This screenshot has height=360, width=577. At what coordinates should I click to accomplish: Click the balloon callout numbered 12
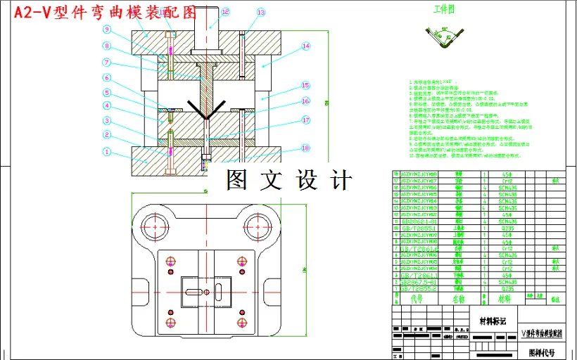click(x=225, y=12)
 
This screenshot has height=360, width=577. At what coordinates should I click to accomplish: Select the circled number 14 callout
click(x=305, y=46)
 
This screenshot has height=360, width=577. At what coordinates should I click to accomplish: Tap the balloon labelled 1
click(x=107, y=151)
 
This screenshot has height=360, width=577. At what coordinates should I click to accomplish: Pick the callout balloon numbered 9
click(x=107, y=30)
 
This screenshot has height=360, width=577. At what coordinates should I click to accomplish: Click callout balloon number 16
click(x=305, y=101)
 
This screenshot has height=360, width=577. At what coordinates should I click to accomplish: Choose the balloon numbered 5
click(x=107, y=93)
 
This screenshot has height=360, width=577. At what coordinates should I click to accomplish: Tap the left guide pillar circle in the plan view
click(x=156, y=225)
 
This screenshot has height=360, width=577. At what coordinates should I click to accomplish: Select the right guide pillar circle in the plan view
click(x=258, y=225)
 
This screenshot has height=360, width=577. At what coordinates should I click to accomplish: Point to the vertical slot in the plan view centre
click(x=219, y=290)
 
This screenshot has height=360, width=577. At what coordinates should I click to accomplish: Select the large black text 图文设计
click(x=288, y=180)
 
